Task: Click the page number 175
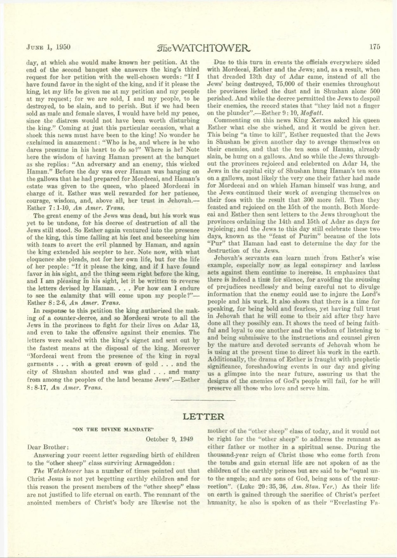(375, 47)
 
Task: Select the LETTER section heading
(203, 417)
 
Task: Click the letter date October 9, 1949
(169, 439)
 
